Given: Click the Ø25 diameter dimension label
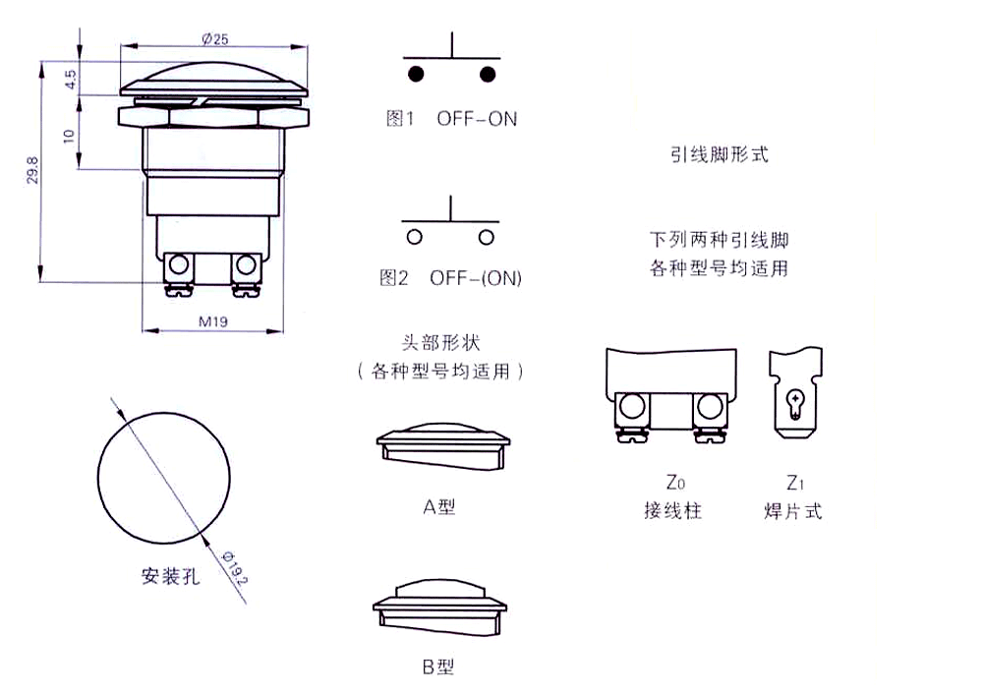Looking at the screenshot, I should (x=214, y=38).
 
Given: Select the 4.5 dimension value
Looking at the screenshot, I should (x=70, y=80).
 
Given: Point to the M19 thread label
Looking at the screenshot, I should (x=214, y=320).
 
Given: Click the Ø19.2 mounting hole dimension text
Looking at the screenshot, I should (x=232, y=569).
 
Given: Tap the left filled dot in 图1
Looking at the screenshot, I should (x=416, y=75).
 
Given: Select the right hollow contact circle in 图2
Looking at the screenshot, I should (x=486, y=237).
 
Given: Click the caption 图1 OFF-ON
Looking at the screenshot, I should (x=451, y=119).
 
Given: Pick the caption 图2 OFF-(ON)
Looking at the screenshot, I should (x=450, y=278).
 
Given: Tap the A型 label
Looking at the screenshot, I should (x=438, y=507).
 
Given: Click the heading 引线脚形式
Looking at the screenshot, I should (x=719, y=154).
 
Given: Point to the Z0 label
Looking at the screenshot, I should (x=673, y=483).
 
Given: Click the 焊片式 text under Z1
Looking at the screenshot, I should (x=792, y=511).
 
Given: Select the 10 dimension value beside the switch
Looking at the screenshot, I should (x=69, y=135).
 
